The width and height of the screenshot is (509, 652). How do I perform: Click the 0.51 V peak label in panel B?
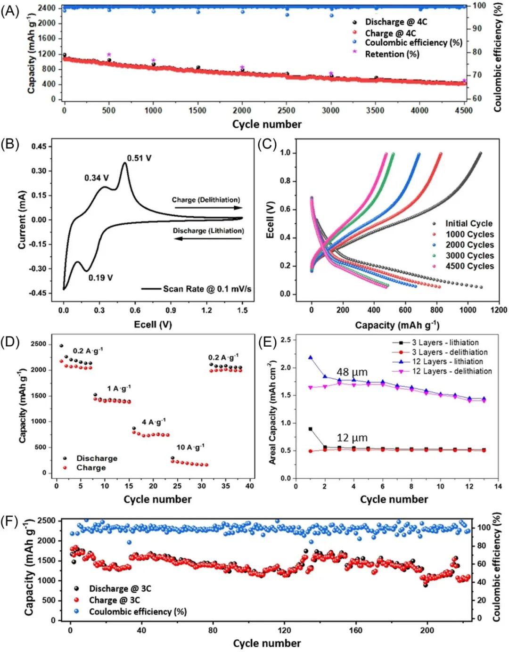(x=139, y=158)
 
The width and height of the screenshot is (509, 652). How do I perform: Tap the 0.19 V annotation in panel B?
(x=101, y=278)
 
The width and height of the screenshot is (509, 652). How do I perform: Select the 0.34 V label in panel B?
(x=97, y=178)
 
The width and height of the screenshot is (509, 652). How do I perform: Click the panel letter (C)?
(x=267, y=144)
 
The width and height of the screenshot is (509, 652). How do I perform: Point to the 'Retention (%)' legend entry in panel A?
(x=392, y=54)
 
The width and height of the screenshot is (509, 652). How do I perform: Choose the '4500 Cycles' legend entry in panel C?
(x=469, y=266)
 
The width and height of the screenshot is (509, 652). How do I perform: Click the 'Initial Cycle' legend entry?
(x=468, y=224)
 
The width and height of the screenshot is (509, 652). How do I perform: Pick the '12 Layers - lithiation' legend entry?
(x=447, y=362)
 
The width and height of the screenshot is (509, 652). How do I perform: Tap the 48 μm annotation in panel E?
(x=352, y=372)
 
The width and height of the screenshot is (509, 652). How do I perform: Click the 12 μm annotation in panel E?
(x=352, y=438)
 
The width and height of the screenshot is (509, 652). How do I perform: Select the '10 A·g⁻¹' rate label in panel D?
(x=190, y=447)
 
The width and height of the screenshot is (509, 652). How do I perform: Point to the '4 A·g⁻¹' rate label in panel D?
(x=154, y=422)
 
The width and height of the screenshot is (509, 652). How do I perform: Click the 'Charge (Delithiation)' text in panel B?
(x=206, y=200)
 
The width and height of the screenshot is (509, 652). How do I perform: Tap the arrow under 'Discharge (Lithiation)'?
(x=208, y=239)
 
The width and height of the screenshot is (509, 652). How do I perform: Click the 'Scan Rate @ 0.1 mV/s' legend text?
(x=207, y=289)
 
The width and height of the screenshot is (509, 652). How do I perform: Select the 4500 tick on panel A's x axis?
(x=464, y=110)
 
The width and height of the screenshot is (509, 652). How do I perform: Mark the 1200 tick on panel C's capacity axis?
(x=499, y=310)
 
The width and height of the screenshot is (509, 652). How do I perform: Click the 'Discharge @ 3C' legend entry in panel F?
(x=120, y=589)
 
